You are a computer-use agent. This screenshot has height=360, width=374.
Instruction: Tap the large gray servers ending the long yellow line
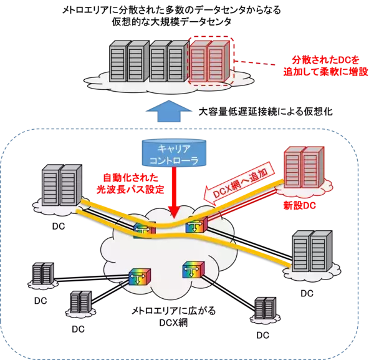click(311, 249)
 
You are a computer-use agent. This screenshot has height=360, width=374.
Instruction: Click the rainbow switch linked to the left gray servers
click(143, 230)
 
